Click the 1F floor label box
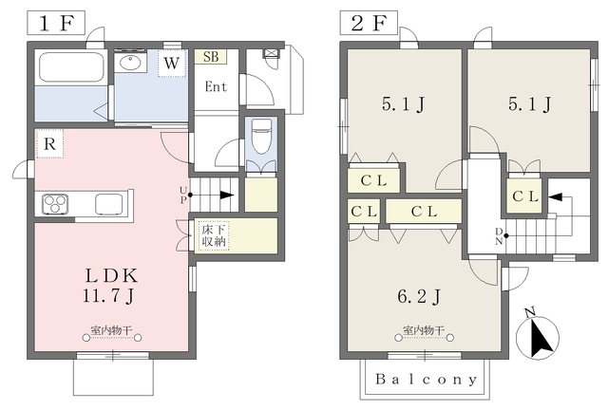click(56, 23)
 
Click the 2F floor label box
click(369, 23)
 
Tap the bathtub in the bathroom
click(71, 67)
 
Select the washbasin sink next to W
click(131, 62)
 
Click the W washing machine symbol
click(172, 63)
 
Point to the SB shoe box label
click(211, 57)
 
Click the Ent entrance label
click(216, 86)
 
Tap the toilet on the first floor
click(261, 137)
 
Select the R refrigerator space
click(49, 144)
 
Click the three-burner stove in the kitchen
click(55, 204)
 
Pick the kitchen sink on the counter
click(109, 203)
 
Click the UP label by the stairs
click(183, 195)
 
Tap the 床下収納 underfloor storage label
click(214, 234)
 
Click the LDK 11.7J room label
click(110, 286)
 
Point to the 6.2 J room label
click(419, 297)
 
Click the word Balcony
click(426, 379)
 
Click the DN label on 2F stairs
click(499, 236)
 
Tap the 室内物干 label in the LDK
click(112, 331)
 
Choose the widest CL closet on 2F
click(424, 212)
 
